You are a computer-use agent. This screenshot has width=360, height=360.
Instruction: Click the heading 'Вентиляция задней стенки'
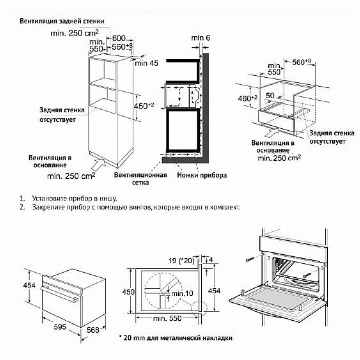coord(62,22)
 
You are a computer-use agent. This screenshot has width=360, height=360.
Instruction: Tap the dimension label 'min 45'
coord(146,63)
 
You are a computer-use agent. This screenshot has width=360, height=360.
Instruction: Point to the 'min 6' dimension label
coord(201,38)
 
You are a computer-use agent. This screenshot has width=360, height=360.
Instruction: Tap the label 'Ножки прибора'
coord(202,175)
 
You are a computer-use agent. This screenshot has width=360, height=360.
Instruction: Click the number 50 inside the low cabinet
coord(270,95)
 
